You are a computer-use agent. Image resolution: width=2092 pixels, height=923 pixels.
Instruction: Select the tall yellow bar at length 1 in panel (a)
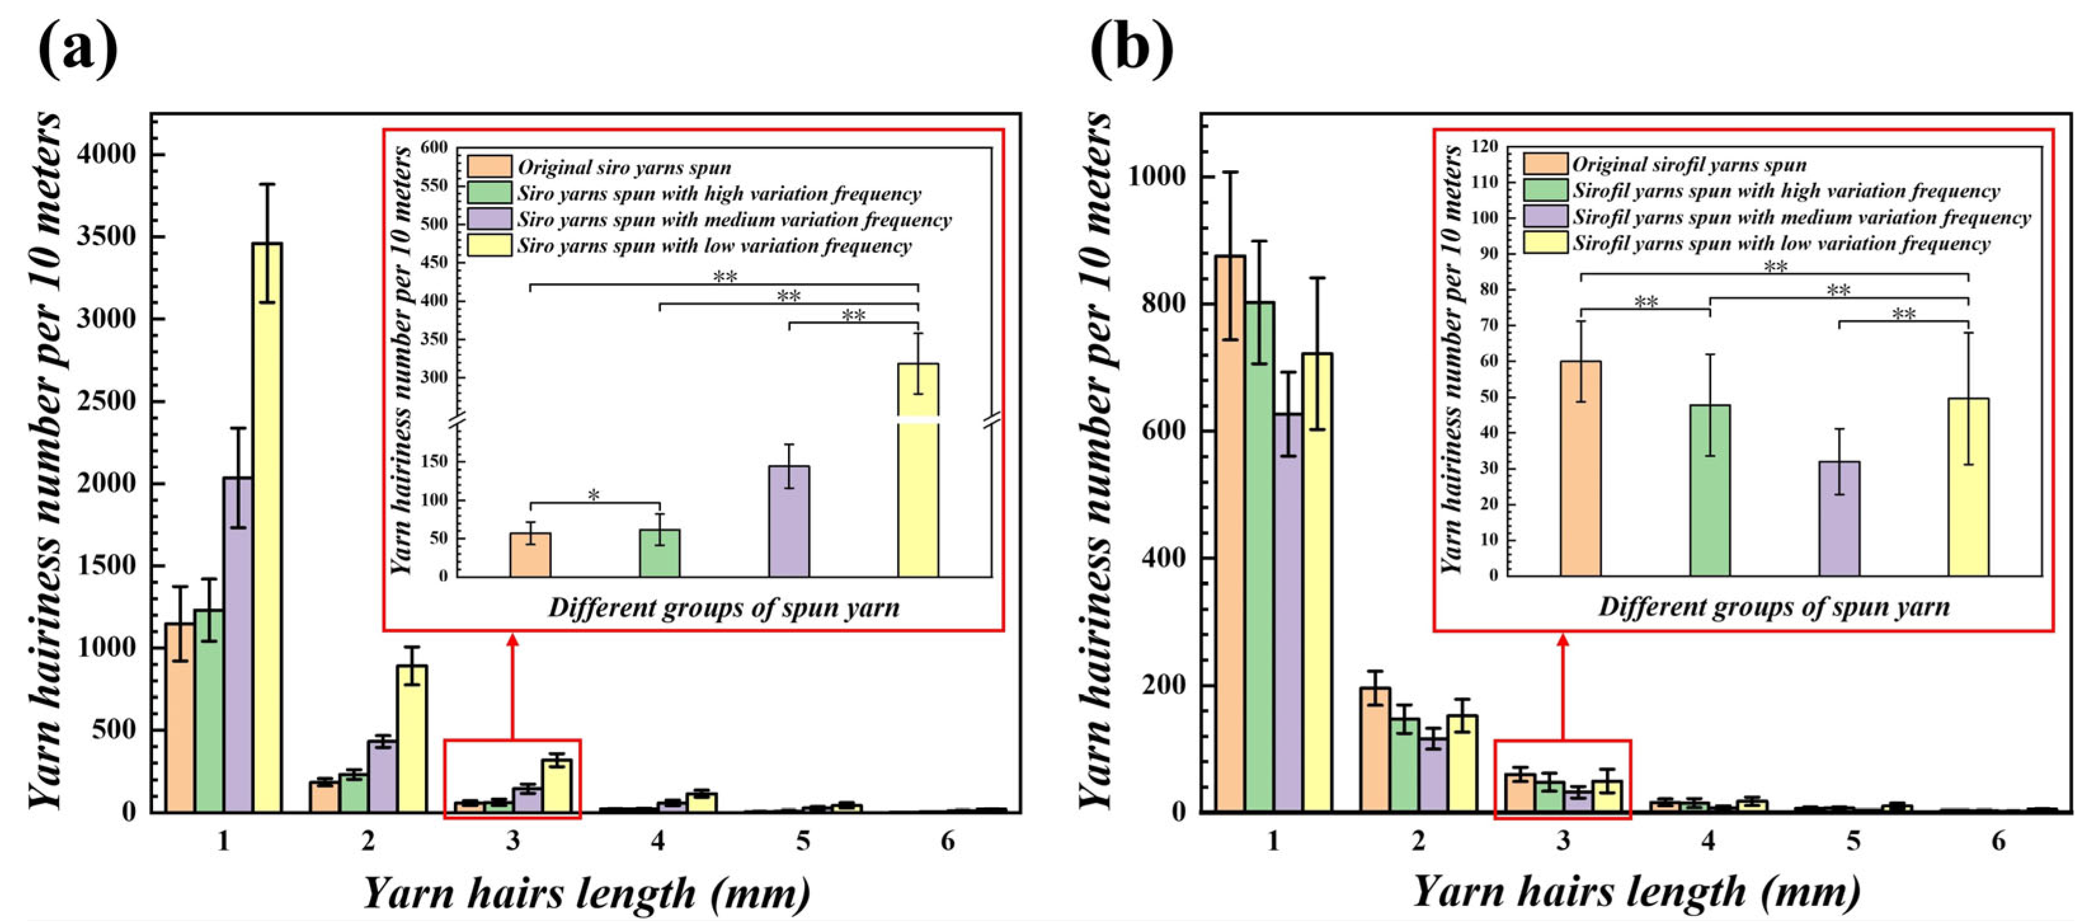click(x=267, y=528)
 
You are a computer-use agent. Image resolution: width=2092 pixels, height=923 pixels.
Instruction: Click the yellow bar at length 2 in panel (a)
click(x=412, y=739)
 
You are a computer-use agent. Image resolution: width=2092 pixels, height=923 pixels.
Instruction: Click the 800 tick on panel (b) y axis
click(x=1164, y=303)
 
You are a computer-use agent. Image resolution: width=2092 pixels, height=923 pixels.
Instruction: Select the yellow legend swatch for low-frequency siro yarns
click(x=490, y=245)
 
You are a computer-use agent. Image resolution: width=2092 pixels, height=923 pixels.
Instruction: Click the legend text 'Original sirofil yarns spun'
click(x=1689, y=165)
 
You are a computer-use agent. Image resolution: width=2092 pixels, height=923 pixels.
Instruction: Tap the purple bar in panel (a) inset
click(x=789, y=521)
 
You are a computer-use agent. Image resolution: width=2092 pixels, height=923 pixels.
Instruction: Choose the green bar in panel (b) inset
click(x=1710, y=489)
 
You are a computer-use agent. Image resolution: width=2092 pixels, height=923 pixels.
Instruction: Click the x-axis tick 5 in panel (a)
click(x=803, y=842)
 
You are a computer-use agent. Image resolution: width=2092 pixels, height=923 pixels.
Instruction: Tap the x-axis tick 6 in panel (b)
click(x=1998, y=842)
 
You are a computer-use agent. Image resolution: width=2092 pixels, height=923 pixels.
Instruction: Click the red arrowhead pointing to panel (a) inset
click(x=512, y=641)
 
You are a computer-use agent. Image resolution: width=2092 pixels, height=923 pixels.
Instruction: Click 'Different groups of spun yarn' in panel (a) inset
click(x=724, y=608)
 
